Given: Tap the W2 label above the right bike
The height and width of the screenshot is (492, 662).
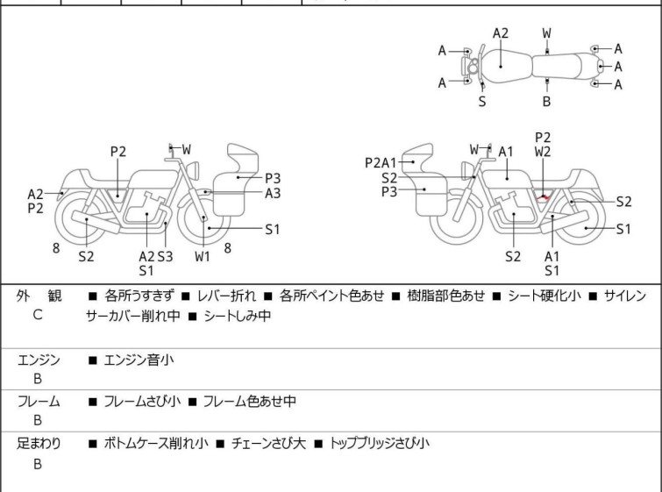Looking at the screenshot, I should pyautogui.click(x=543, y=151).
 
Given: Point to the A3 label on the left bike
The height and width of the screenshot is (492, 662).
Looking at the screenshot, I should pyautogui.click(x=273, y=193).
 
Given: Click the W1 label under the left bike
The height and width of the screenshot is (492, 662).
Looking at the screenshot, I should pyautogui.click(x=203, y=256).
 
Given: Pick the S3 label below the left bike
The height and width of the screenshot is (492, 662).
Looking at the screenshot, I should pyautogui.click(x=165, y=256).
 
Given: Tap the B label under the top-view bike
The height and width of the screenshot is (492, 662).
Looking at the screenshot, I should pyautogui.click(x=546, y=101).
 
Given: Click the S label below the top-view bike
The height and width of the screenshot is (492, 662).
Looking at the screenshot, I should pyautogui.click(x=482, y=101).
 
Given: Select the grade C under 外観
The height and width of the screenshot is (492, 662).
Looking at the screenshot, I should pyautogui.click(x=38, y=315).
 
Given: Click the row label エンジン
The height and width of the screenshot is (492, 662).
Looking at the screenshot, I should pyautogui.click(x=39, y=359).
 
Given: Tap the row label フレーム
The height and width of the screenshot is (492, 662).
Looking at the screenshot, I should pyautogui.click(x=39, y=402).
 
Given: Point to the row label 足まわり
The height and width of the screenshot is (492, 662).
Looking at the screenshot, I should pyautogui.click(x=39, y=444).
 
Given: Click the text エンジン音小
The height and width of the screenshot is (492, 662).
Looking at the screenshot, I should pyautogui.click(x=139, y=359).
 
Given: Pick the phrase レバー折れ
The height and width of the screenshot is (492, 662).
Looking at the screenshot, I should pyautogui.click(x=221, y=296).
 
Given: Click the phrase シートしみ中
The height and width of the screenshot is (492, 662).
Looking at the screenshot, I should pyautogui.click(x=236, y=316).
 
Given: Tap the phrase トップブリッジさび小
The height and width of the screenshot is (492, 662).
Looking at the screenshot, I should pyautogui.click(x=379, y=444).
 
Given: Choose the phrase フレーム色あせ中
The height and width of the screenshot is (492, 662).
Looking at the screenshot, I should pyautogui.click(x=249, y=402).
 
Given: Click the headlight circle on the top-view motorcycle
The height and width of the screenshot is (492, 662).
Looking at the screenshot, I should pyautogui.click(x=472, y=66).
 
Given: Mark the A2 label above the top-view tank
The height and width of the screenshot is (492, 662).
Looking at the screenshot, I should pyautogui.click(x=500, y=33).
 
